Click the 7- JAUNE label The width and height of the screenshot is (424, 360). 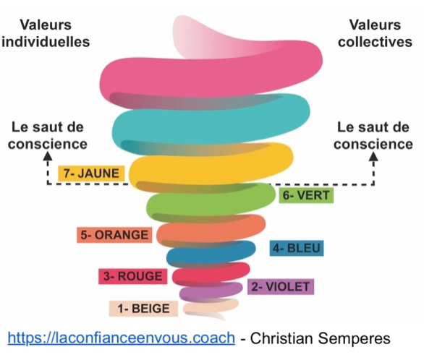tap(91, 173)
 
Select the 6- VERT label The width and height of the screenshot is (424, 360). tap(306, 195)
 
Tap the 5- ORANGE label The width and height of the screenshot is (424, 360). tap(114, 235)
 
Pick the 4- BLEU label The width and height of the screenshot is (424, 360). tap(297, 248)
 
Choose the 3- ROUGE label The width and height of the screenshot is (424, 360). tap(132, 276)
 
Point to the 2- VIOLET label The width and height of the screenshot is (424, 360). tap(281, 286)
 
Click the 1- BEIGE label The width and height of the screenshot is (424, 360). tap(143, 309)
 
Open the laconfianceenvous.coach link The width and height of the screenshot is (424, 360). tap(121, 338)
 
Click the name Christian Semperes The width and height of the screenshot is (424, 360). tap(320, 338)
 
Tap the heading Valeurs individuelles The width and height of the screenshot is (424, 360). tap(46, 33)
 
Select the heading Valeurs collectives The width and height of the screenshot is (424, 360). tap(375, 33)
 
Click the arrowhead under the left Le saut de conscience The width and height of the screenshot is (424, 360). tap(48, 155)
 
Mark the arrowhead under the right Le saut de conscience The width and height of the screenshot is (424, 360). tap(373, 155)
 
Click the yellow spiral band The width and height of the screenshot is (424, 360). tap(211, 168)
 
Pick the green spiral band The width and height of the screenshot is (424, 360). tap(211, 201)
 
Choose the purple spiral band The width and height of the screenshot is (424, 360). tap(211, 291)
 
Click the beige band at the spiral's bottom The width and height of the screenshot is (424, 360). tap(211, 307)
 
